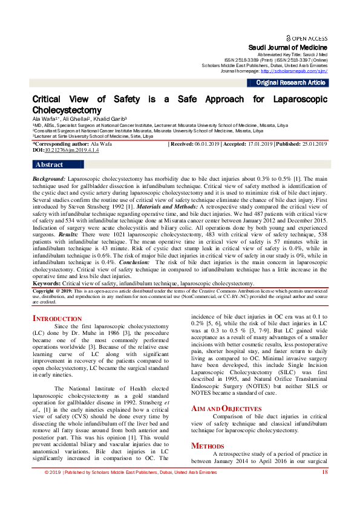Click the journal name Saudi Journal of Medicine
pyautogui.click(x=288, y=48)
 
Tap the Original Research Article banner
pyautogui.click(x=290, y=82)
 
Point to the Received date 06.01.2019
pyautogui.click(x=205, y=144)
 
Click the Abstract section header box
pyautogui.click(x=49, y=164)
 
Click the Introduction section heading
pyautogui.click(x=57, y=319)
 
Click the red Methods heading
pyautogui.click(x=208, y=446)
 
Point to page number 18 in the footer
pyautogui.click(x=325, y=489)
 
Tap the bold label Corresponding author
pyautogui.click(x=63, y=144)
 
